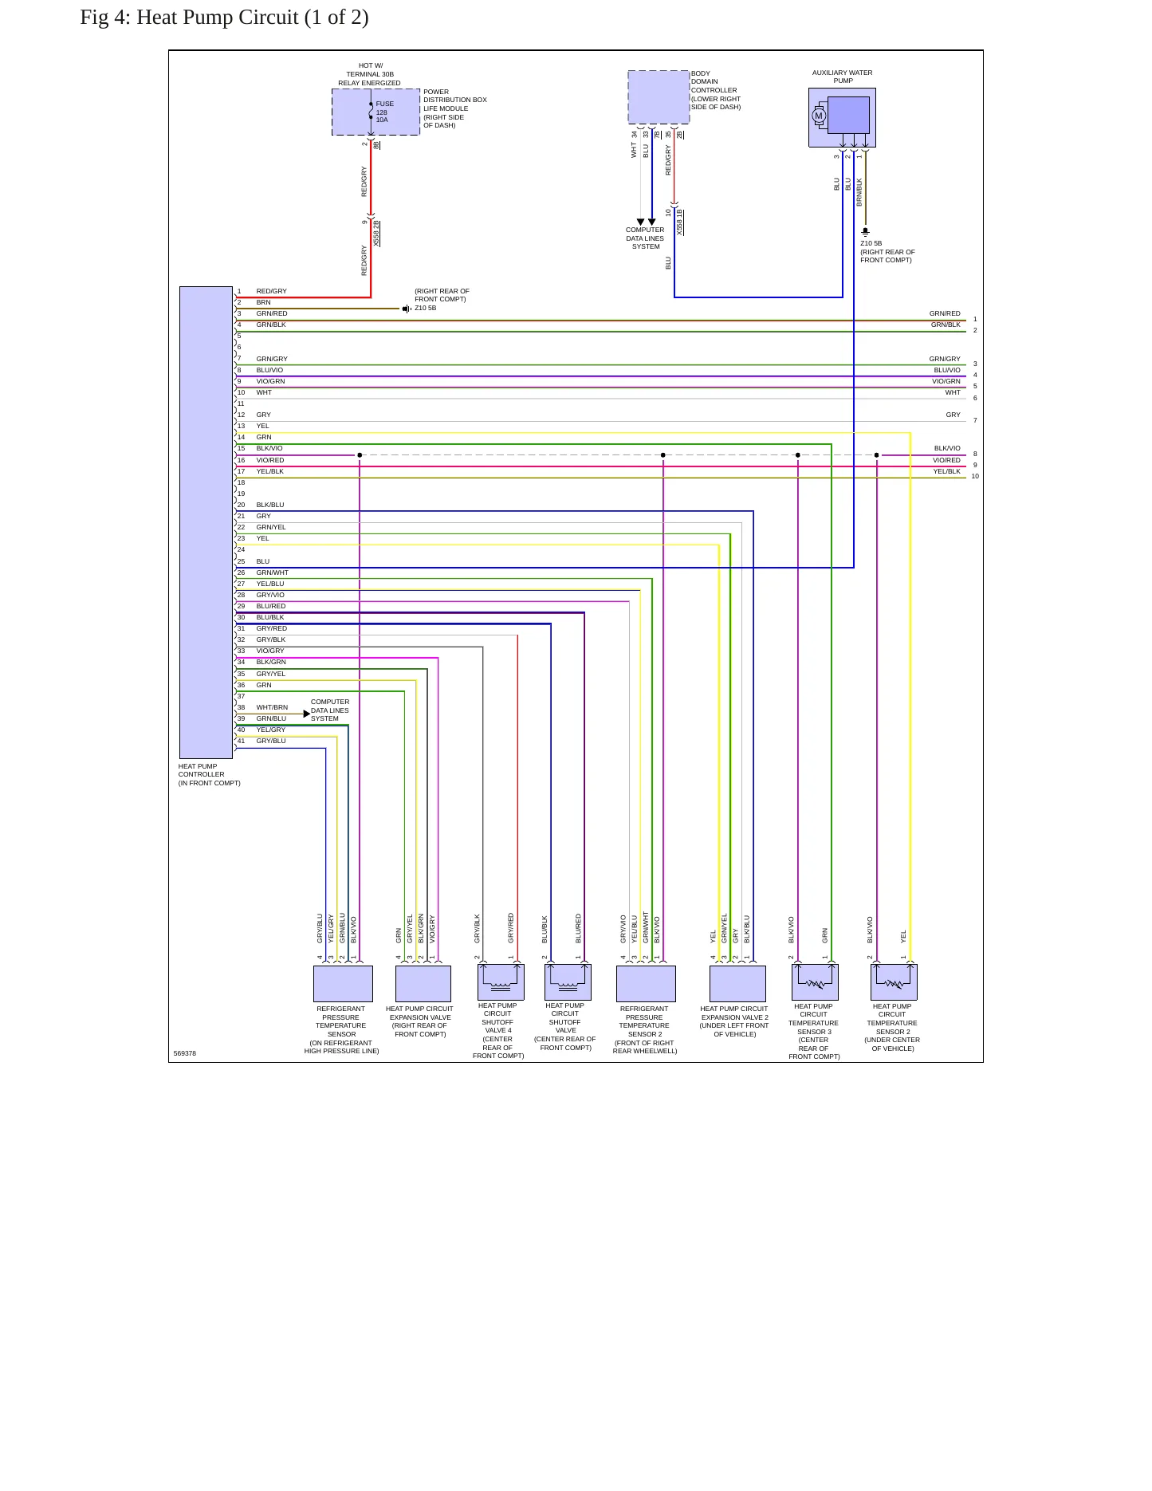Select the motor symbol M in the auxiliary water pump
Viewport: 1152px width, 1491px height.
pyautogui.click(x=818, y=116)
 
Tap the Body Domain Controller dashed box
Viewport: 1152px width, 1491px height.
pyautogui.click(x=659, y=96)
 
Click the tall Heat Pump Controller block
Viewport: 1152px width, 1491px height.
pyautogui.click(x=206, y=522)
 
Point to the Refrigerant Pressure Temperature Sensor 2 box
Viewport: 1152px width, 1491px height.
pyautogui.click(x=646, y=984)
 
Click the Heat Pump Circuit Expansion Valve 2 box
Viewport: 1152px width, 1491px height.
pyautogui.click(x=737, y=984)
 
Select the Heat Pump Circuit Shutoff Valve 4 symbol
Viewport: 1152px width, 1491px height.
pyautogui.click(x=501, y=982)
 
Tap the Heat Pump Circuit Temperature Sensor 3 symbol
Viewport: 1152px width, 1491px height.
pyautogui.click(x=815, y=982)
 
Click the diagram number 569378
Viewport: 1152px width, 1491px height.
pyautogui.click(x=184, y=1053)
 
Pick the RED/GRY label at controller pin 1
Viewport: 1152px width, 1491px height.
pyautogui.click(x=271, y=291)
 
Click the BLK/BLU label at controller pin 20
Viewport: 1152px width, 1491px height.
pyautogui.click(x=270, y=505)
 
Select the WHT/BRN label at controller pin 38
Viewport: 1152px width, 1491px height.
pyautogui.click(x=272, y=707)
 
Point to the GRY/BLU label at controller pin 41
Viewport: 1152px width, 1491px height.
pyautogui.click(x=271, y=741)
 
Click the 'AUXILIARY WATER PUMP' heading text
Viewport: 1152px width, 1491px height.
pyautogui.click(x=843, y=77)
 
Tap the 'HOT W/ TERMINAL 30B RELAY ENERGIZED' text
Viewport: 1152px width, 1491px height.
pyautogui.click(x=370, y=74)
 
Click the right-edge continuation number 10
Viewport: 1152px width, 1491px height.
pyautogui.click(x=975, y=476)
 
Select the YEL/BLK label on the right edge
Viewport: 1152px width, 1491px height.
pyautogui.click(x=947, y=471)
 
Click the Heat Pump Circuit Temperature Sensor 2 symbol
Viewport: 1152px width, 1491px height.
pyautogui.click(x=894, y=982)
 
